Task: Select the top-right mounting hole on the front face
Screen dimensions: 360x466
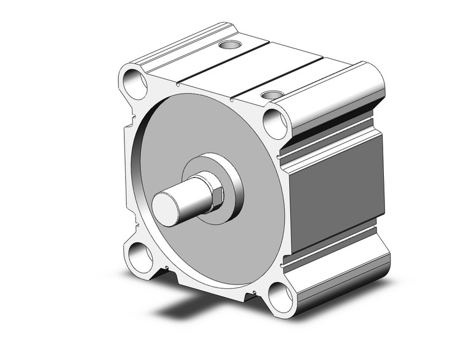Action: click(275, 123)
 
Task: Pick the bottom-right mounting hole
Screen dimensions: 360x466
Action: click(280, 297)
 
